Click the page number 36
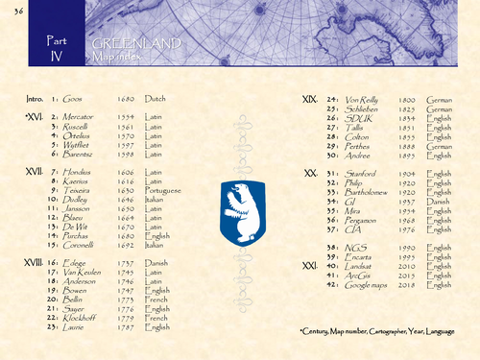pyautogui.click(x=18, y=10)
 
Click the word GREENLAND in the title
pyautogui.click(x=128, y=45)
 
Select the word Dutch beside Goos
pyautogui.click(x=155, y=99)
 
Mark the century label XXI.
pyautogui.click(x=310, y=264)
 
